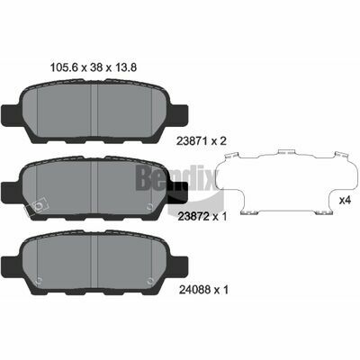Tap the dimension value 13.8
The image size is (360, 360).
[x=124, y=67]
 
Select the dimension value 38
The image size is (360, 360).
[x=95, y=67]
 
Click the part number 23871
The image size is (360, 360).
[x=192, y=141]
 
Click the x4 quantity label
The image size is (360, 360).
[x=345, y=200]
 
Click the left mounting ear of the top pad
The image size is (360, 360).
[x=12, y=115]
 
